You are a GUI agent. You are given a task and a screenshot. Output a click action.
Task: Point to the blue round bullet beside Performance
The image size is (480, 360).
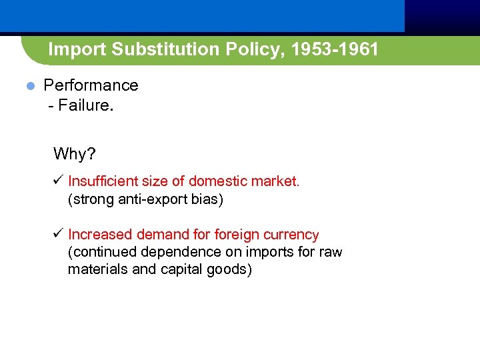(x=29, y=86)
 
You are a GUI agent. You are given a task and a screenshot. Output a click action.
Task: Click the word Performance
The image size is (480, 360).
(x=91, y=85)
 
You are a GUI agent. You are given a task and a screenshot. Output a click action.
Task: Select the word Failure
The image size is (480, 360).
(x=86, y=106)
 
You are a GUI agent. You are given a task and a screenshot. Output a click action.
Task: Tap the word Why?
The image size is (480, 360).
(x=75, y=154)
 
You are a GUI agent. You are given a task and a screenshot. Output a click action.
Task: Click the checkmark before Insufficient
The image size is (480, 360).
(x=58, y=181)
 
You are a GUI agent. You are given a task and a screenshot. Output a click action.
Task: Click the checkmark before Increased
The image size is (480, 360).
(x=58, y=235)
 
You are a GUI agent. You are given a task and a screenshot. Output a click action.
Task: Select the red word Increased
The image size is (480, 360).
(x=100, y=235)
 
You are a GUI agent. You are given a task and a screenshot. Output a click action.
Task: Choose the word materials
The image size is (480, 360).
(x=96, y=270)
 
